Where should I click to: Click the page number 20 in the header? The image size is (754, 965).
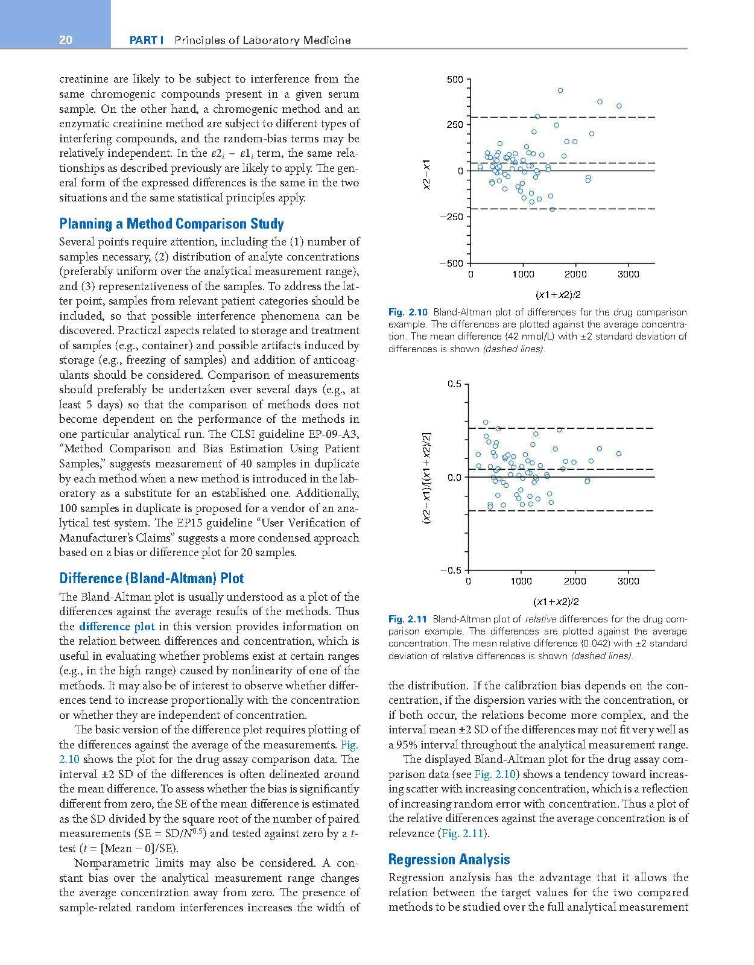pyautogui.click(x=66, y=40)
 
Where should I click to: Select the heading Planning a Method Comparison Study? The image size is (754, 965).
pyautogui.click(x=171, y=224)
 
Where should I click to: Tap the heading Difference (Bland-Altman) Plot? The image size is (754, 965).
pyautogui.click(x=151, y=578)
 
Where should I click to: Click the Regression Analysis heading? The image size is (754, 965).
pyautogui.click(x=449, y=859)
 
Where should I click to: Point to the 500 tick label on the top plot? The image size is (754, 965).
pyautogui.click(x=455, y=80)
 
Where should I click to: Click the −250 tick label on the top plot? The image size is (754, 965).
pyautogui.click(x=452, y=217)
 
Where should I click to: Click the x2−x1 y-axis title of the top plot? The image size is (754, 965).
pyautogui.click(x=426, y=176)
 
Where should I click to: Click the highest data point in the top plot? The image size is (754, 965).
pyautogui.click(x=560, y=90)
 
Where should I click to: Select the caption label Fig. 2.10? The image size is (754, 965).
pyautogui.click(x=408, y=312)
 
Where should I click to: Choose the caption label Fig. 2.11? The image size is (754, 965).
pyautogui.click(x=408, y=619)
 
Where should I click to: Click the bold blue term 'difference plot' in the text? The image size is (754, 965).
pyautogui.click(x=116, y=627)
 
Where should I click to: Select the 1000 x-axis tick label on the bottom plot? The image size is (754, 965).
pyautogui.click(x=521, y=581)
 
